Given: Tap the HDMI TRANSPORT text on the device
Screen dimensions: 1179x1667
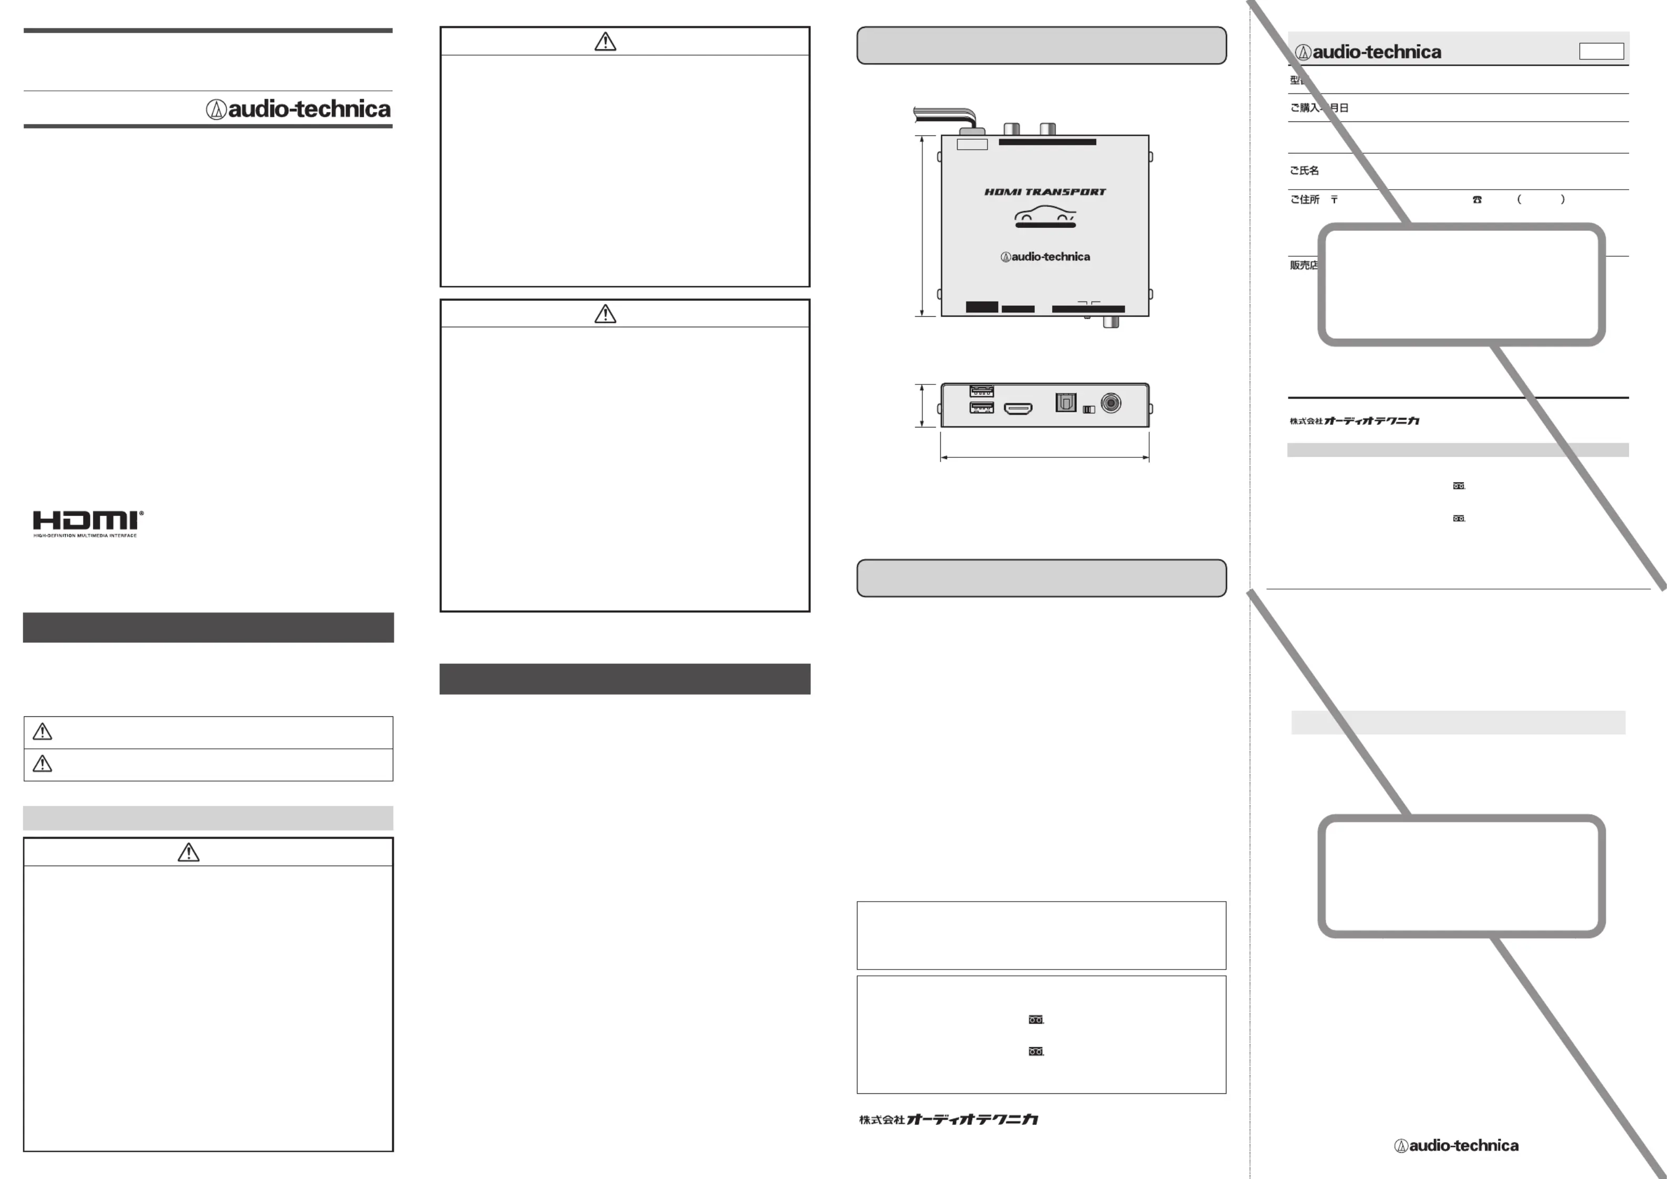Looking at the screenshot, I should pos(1045,192).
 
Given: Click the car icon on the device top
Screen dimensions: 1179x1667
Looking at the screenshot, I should pos(1045,216).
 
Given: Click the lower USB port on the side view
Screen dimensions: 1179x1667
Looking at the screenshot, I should pos(982,408).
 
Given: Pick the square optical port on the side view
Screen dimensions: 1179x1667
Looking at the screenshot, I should pos(1065,402).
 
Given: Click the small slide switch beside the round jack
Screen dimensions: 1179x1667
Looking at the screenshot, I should pos(1088,410).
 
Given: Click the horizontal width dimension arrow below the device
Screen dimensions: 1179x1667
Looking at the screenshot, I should pos(1044,457).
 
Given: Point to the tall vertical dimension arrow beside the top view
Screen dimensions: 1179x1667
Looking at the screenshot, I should pos(922,226).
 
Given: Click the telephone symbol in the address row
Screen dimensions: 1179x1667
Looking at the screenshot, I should pos(1477,200).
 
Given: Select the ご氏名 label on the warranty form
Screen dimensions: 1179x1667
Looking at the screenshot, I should pos(1304,171).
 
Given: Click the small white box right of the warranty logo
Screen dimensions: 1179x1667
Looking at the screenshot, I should pos(1601,51).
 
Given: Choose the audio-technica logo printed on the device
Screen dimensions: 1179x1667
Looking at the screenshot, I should pos(1045,256).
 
